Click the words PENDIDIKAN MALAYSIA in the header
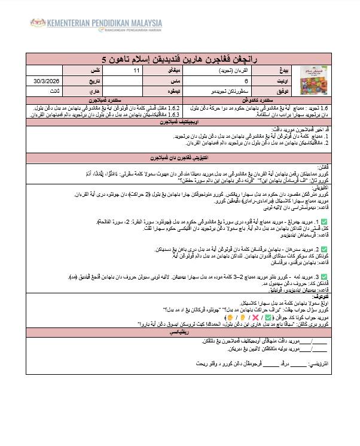122,23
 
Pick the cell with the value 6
246,80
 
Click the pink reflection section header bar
180,331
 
